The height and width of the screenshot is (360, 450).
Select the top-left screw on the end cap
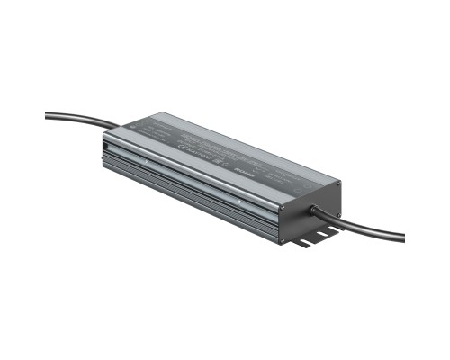283,208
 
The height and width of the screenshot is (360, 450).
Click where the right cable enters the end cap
314,213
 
